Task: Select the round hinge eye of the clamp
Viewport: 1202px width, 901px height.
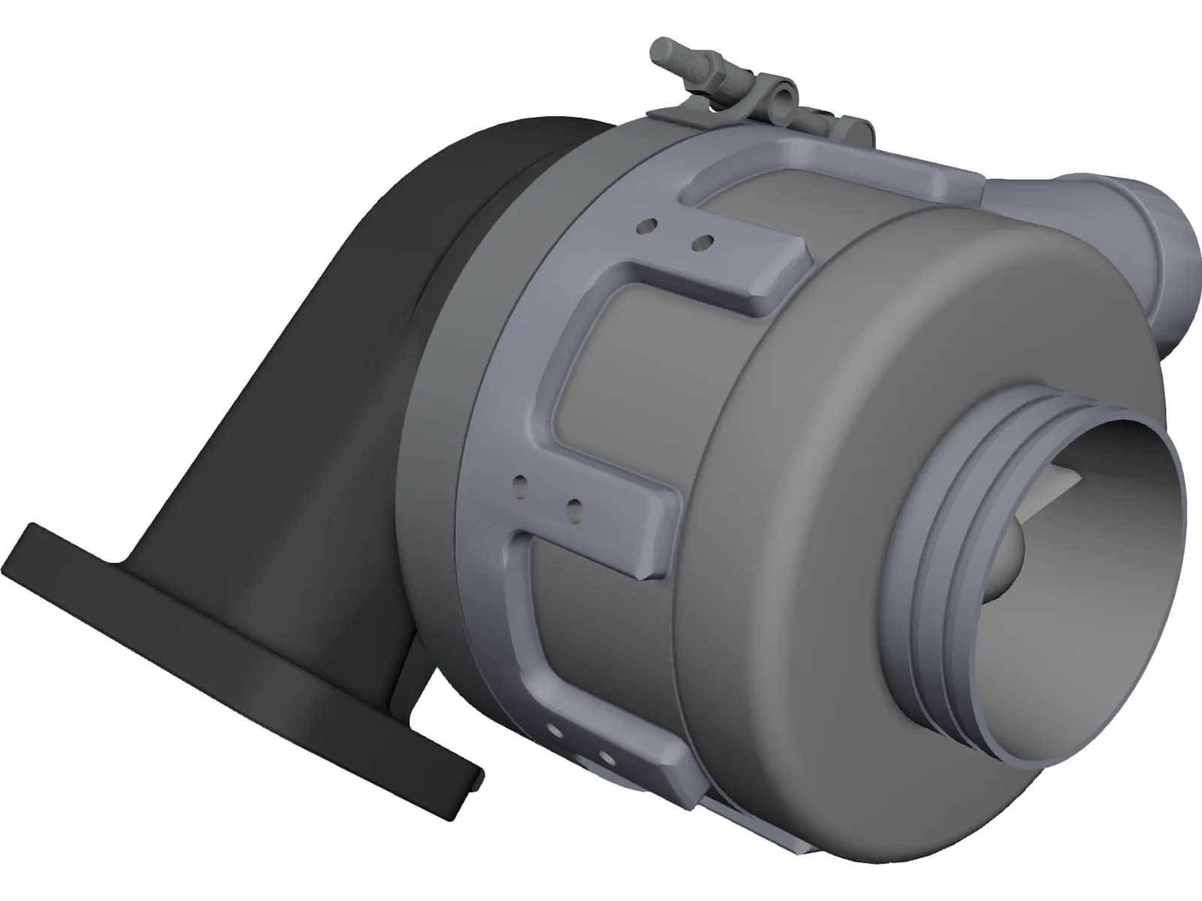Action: pos(782,95)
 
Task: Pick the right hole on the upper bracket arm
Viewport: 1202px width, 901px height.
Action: pos(703,242)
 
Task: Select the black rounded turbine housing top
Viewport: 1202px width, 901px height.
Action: pos(481,150)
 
